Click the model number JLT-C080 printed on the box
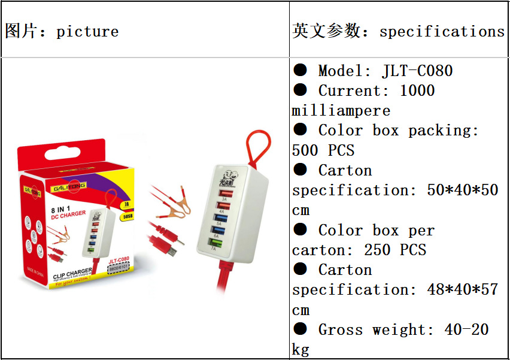click(119, 260)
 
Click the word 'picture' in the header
click(87, 32)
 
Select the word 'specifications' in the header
click(442, 32)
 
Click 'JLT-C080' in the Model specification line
click(417, 71)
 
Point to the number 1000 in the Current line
click(417, 90)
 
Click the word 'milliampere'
click(341, 111)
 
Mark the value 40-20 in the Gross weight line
click(466, 329)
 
